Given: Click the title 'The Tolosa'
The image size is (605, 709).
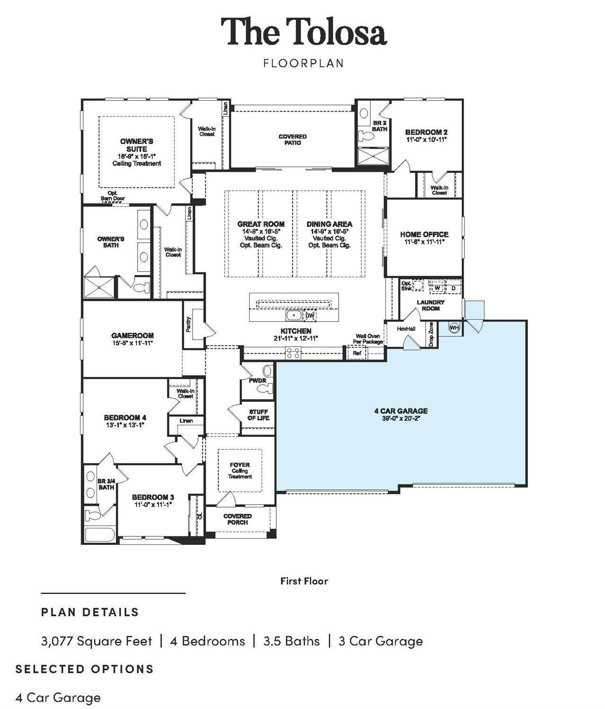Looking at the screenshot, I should pyautogui.click(x=304, y=32).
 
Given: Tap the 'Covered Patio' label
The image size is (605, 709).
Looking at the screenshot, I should pyautogui.click(x=292, y=140).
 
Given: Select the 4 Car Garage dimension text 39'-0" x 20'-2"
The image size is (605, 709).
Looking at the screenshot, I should pyautogui.click(x=401, y=419).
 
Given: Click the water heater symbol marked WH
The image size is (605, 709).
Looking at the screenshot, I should pyautogui.click(x=454, y=328).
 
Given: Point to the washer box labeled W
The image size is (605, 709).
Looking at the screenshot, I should pyautogui.click(x=437, y=288).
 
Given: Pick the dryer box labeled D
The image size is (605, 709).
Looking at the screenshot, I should pyautogui.click(x=453, y=288).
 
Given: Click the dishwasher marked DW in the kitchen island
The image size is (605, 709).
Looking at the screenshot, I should pyautogui.click(x=309, y=315).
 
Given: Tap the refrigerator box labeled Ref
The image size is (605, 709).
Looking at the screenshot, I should pyautogui.click(x=357, y=353).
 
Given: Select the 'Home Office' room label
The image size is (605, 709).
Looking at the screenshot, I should pyautogui.click(x=424, y=234).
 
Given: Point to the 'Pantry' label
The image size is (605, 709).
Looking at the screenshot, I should pyautogui.click(x=189, y=324).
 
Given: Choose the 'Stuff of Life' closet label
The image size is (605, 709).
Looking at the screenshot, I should pyautogui.click(x=258, y=415).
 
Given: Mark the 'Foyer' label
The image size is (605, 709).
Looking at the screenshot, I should pyautogui.click(x=240, y=465).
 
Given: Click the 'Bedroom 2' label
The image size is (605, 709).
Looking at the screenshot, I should pyautogui.click(x=426, y=132).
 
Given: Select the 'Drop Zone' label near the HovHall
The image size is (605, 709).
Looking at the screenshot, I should pyautogui.click(x=431, y=334).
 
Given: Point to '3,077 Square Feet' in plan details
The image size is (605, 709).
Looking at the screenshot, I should pyautogui.click(x=96, y=641).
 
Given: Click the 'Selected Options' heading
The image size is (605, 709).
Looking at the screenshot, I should pyautogui.click(x=85, y=669).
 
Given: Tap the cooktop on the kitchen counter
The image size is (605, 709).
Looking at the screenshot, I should pyautogui.click(x=292, y=351).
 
